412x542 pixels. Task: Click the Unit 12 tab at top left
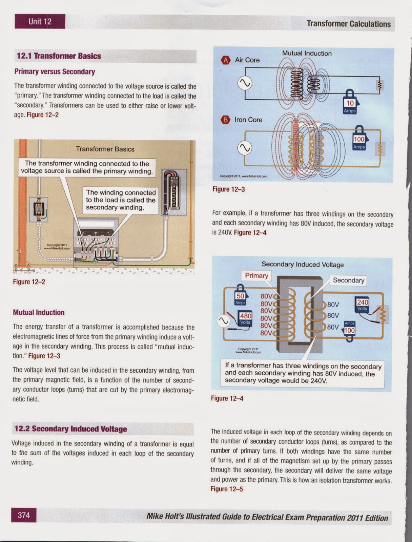click(x=40, y=21)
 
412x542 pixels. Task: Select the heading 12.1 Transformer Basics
click(x=59, y=56)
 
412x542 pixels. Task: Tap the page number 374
click(x=24, y=515)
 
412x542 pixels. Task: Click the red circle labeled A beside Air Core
click(x=225, y=60)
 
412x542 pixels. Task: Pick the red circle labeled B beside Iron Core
click(x=225, y=120)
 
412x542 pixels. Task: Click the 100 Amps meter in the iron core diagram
click(x=359, y=140)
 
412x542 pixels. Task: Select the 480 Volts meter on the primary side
click(x=245, y=318)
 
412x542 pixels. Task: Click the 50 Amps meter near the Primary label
click(x=240, y=297)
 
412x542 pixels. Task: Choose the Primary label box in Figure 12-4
click(x=256, y=275)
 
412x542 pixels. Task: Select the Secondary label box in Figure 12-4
click(x=348, y=280)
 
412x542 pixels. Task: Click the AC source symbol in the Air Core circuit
click(x=245, y=83)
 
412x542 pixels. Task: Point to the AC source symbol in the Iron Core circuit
click(x=245, y=148)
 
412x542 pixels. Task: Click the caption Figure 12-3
click(x=228, y=189)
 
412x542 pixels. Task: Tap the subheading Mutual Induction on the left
click(x=39, y=312)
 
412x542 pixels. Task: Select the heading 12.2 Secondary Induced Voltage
click(x=70, y=429)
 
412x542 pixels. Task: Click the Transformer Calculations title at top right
click(x=348, y=24)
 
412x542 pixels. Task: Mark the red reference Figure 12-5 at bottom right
click(x=227, y=489)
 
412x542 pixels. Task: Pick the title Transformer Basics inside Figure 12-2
click(x=105, y=149)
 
